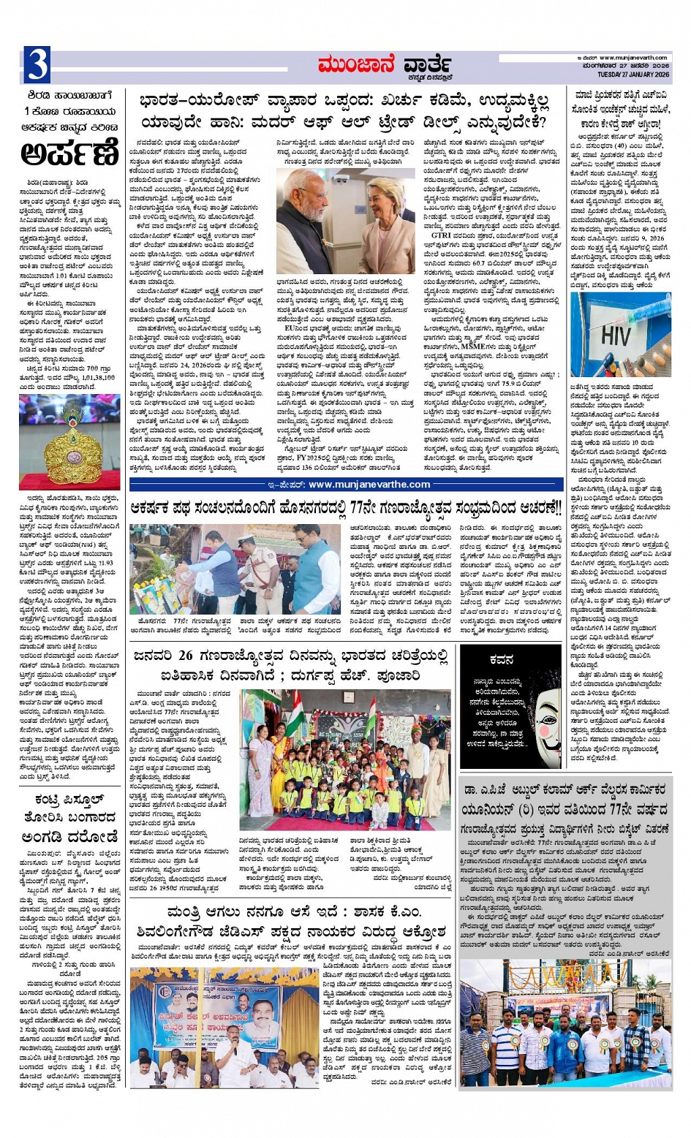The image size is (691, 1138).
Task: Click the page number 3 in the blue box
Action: (x=37, y=65)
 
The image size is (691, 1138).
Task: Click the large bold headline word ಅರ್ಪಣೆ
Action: (x=69, y=153)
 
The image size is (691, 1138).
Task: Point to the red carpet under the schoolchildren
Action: (x=344, y=824)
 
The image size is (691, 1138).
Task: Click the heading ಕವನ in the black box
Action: (x=501, y=659)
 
